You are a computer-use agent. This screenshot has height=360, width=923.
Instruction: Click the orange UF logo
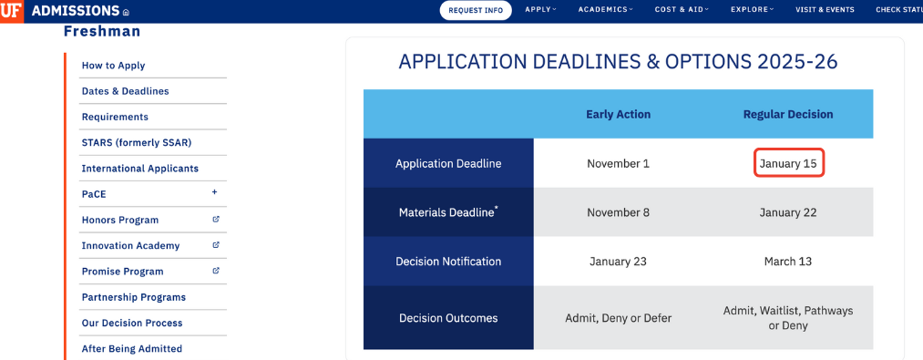pyautogui.click(x=11, y=11)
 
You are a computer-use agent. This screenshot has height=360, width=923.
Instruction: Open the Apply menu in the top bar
pyautogui.click(x=539, y=9)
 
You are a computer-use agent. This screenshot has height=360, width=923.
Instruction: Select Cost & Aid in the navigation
pyautogui.click(x=682, y=9)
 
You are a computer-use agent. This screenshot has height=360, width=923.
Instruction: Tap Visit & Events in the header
pyautogui.click(x=825, y=10)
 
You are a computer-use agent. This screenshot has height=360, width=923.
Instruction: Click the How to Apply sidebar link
pyautogui.click(x=114, y=66)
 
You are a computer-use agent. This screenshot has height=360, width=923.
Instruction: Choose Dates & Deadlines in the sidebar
pyautogui.click(x=126, y=91)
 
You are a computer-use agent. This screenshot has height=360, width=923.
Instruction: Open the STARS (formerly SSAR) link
pyautogui.click(x=137, y=142)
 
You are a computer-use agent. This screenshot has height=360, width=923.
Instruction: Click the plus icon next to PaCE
pyautogui.click(x=215, y=192)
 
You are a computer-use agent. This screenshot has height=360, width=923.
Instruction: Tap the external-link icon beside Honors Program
pyautogui.click(x=216, y=219)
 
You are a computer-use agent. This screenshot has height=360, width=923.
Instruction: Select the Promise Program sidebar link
pyautogui.click(x=122, y=272)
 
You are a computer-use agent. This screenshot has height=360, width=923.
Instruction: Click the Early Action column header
pyautogui.click(x=618, y=114)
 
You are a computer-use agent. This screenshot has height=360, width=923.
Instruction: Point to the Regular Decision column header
pyautogui.click(x=788, y=114)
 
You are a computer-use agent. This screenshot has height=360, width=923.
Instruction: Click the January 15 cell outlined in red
pyautogui.click(x=788, y=163)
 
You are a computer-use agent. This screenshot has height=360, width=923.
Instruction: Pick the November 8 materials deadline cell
pyautogui.click(x=618, y=212)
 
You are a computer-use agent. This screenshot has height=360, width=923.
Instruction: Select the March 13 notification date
pyautogui.click(x=788, y=261)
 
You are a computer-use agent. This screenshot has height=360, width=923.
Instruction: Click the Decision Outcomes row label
pyautogui.click(x=448, y=318)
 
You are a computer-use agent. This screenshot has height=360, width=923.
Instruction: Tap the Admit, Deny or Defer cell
pyautogui.click(x=618, y=318)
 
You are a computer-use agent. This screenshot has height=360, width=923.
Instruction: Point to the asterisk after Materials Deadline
pyautogui.click(x=497, y=208)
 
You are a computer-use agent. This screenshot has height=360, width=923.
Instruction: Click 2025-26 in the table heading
pyautogui.click(x=795, y=61)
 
